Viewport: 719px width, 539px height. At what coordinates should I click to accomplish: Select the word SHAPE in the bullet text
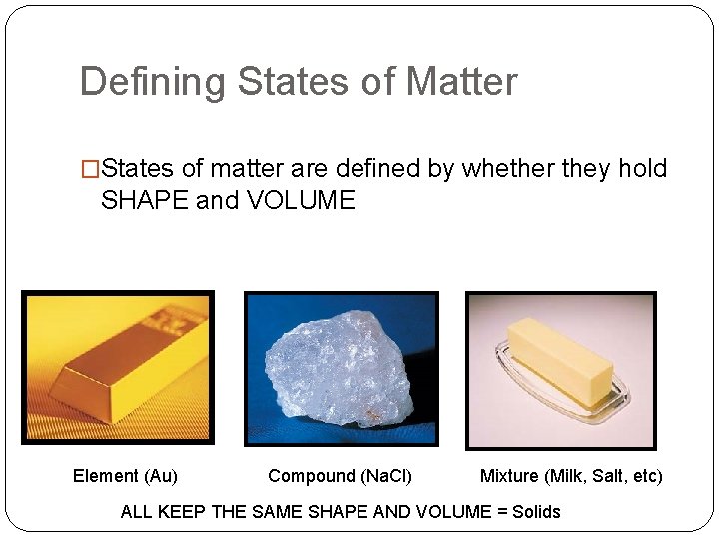[x=145, y=200]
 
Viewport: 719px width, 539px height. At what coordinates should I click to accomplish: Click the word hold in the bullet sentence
[x=642, y=168]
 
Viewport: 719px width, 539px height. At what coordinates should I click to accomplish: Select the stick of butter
[x=559, y=359]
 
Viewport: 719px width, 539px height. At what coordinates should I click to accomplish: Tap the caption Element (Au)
[x=125, y=476]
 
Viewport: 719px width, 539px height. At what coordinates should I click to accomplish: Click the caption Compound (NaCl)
[x=340, y=476]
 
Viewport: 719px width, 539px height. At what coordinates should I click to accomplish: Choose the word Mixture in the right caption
[x=509, y=476]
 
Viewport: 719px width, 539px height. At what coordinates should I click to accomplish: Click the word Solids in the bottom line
[x=536, y=511]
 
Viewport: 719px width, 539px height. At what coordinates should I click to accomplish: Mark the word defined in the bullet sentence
[x=375, y=168]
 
